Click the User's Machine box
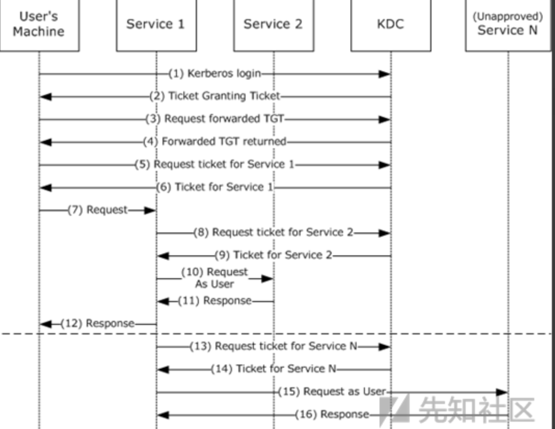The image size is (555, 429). pos(39,24)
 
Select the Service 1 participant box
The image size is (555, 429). pos(156,24)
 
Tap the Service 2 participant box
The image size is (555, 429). pos(273,24)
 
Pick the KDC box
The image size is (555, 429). pos(390,24)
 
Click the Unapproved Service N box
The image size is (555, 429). pos(507,24)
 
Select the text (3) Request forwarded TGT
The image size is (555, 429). pos(215,119)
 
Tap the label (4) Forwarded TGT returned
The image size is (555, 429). pos(215,141)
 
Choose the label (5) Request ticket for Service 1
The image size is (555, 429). pos(215,164)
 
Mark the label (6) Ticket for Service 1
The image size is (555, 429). pos(215,187)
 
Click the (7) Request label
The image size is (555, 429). pos(98,210)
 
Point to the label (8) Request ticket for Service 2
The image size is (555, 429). pos(273,232)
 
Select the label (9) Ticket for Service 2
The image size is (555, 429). pos(274,255)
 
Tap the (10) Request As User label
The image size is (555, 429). pos(214,278)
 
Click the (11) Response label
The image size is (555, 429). pos(215,301)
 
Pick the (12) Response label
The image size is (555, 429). pos(98,323)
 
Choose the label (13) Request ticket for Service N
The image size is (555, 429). pos(274,346)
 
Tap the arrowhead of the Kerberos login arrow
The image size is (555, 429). pos(384,74)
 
